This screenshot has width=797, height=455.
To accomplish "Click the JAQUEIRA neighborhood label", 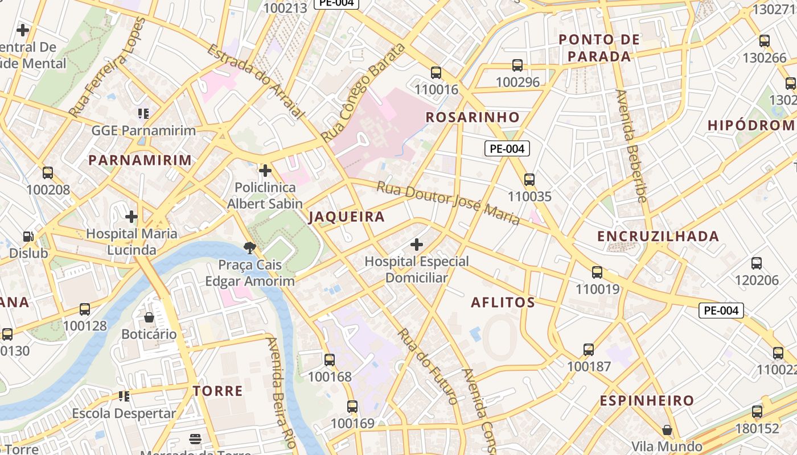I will [x=347, y=217].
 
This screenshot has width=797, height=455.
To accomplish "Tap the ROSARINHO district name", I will [x=473, y=117].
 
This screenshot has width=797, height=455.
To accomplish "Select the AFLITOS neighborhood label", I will [x=503, y=302].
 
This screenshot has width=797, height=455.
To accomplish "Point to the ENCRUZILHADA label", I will [x=658, y=236].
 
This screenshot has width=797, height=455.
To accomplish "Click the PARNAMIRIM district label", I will [x=140, y=160].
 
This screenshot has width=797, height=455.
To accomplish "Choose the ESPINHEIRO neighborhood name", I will [x=647, y=400].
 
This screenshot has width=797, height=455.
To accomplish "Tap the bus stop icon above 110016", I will [x=436, y=73].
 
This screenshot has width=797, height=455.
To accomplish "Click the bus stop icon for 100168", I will [x=330, y=360].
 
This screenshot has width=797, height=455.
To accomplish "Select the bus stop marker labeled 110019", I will [x=597, y=272].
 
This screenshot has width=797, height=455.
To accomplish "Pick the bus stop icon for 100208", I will [x=48, y=173].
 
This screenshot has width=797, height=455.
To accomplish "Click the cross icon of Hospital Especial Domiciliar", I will [x=417, y=245].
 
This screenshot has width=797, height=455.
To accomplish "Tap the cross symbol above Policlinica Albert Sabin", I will [x=265, y=171].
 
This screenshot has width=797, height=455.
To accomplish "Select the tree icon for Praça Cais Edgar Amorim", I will [x=249, y=247].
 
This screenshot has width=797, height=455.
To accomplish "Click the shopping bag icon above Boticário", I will [x=149, y=317].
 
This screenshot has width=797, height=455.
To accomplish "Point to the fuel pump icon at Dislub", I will [x=28, y=237].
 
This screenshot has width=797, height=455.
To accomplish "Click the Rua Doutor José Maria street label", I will [x=448, y=203].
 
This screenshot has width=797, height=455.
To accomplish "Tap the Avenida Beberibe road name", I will [x=631, y=146].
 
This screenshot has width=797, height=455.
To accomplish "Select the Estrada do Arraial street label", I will [x=256, y=82].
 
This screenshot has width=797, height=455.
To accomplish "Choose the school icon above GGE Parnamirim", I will [x=143, y=114].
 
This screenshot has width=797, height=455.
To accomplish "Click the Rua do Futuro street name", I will [x=428, y=366].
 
